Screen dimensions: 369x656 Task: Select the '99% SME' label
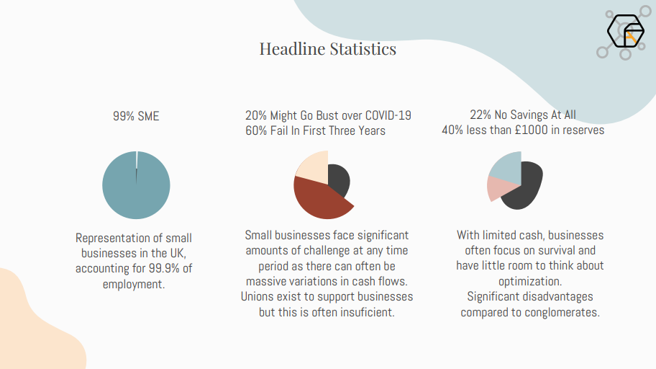click(x=136, y=115)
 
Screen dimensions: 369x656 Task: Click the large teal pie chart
click(x=136, y=185)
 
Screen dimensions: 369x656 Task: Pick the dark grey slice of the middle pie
click(x=338, y=179)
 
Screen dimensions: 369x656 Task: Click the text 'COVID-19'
click(x=388, y=115)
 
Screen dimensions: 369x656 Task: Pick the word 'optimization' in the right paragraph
click(x=530, y=281)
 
